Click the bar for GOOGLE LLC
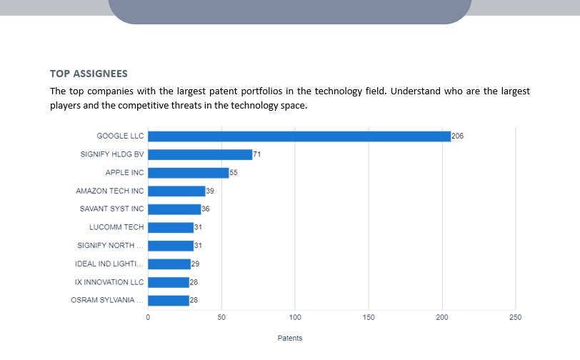pyautogui.click(x=299, y=136)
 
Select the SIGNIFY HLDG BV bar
pyautogui.click(x=200, y=154)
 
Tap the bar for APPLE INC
pyautogui.click(x=188, y=173)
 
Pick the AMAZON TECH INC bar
pyautogui.click(x=176, y=191)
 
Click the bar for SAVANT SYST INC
pyautogui.click(x=174, y=209)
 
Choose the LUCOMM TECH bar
pyautogui.click(x=171, y=227)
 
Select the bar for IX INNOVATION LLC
pyautogui.click(x=169, y=282)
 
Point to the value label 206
pyautogui.click(x=458, y=136)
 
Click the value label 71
pyautogui.click(x=257, y=154)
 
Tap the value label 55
pyautogui.click(x=234, y=173)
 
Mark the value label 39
pyautogui.click(x=210, y=191)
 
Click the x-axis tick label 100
pyautogui.click(x=295, y=317)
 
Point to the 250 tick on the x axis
pyautogui.click(x=516, y=317)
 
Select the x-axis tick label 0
pyautogui.click(x=148, y=317)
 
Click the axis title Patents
pyautogui.click(x=290, y=339)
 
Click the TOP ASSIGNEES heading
pyautogui.click(x=89, y=74)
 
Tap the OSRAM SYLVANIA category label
pyautogui.click(x=107, y=301)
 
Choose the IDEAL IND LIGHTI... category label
pyautogui.click(x=109, y=264)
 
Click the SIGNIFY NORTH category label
pyautogui.click(x=111, y=246)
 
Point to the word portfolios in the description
pyautogui.click(x=236, y=91)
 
